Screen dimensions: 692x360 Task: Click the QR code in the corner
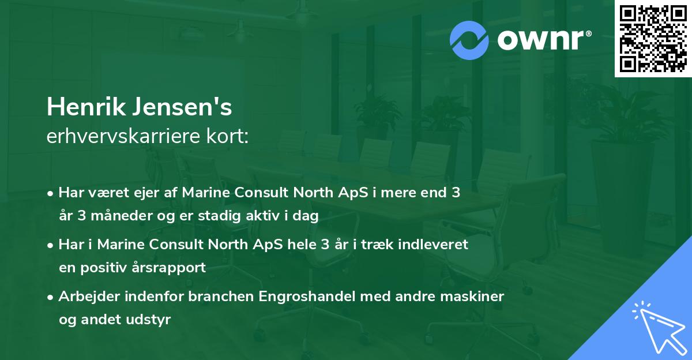pyautogui.click(x=653, y=39)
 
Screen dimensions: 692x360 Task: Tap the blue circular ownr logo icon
pyautogui.click(x=469, y=40)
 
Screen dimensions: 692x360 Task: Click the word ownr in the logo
pyautogui.click(x=541, y=40)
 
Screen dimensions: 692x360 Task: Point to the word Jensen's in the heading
pyautogui.click(x=182, y=107)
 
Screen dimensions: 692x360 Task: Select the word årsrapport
pyautogui.click(x=168, y=268)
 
